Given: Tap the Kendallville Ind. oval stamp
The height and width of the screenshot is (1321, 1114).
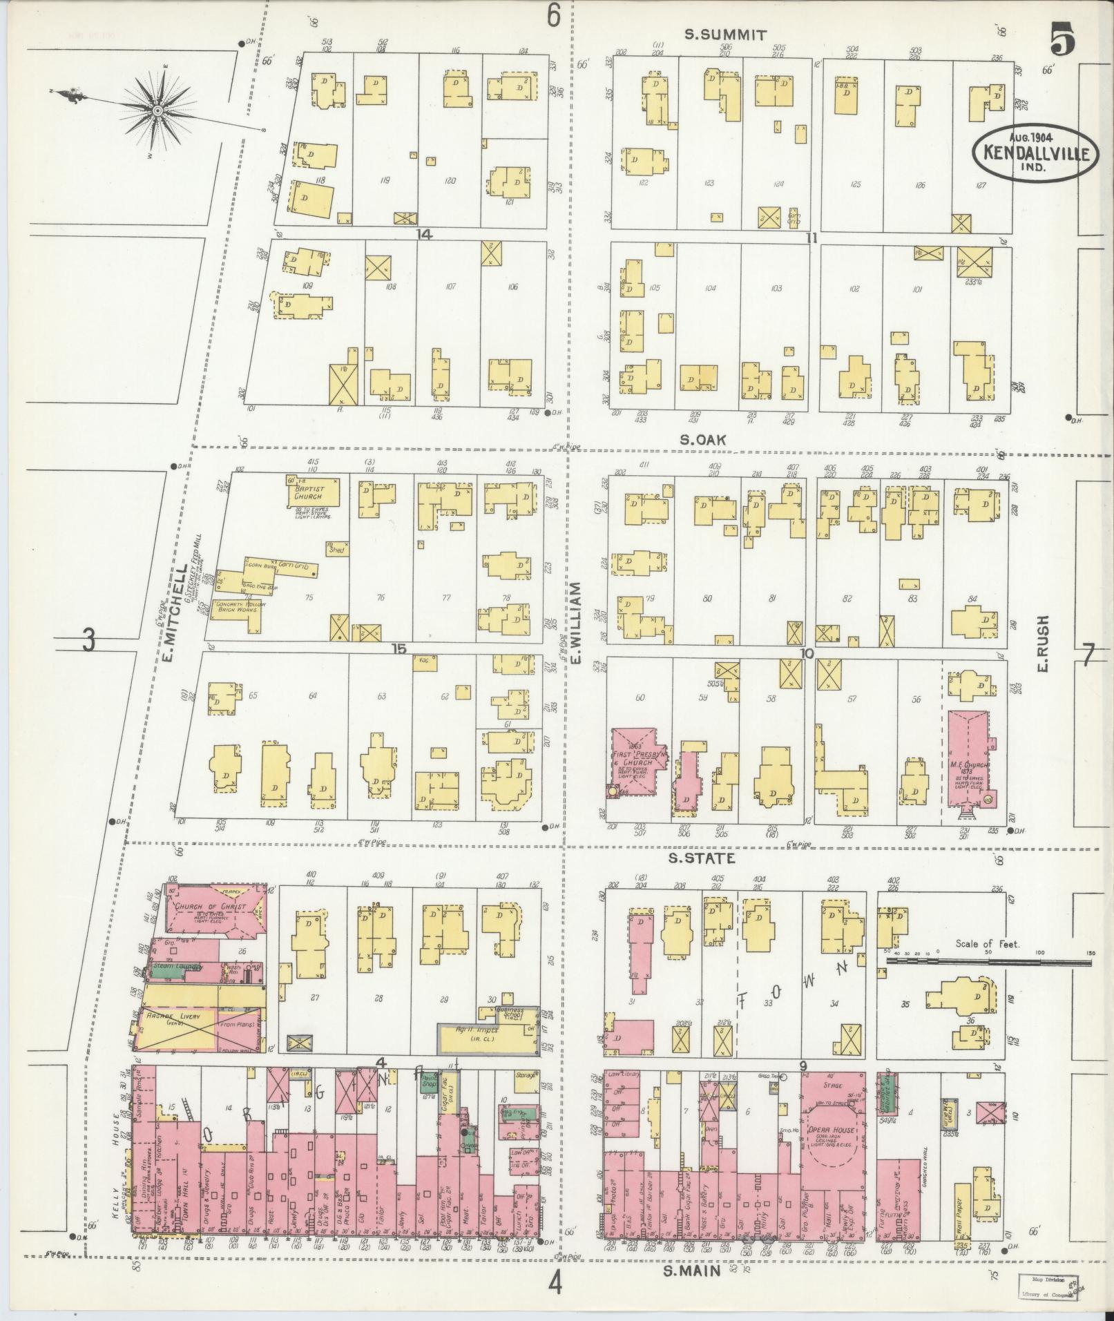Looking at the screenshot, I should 1035,153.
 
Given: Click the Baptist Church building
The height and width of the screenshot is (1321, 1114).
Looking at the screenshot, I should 314,491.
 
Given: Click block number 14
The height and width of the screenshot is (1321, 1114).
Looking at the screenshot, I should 423,235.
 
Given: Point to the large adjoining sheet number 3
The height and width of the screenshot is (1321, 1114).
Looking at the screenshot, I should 88,641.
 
